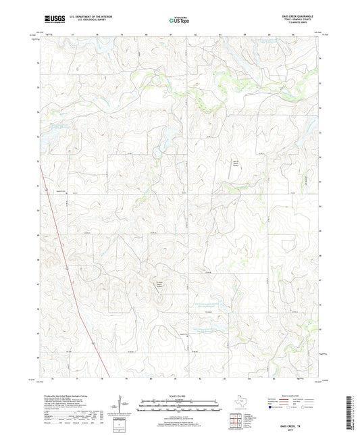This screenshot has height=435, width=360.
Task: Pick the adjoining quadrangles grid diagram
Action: coord(236,419)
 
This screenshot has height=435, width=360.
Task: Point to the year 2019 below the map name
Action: coord(303,422)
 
